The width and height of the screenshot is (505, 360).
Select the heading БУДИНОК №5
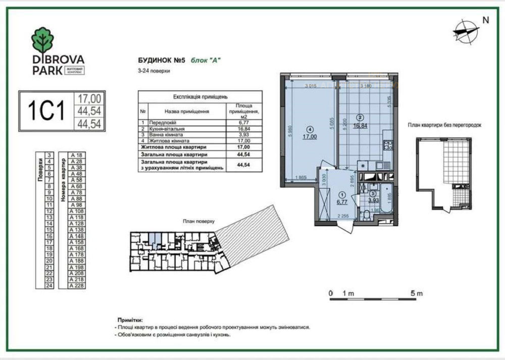pos(160,61)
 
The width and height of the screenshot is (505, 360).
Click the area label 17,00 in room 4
pos(310,136)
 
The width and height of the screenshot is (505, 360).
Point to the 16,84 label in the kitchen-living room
pos(361,127)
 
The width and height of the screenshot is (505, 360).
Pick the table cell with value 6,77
pos(243,122)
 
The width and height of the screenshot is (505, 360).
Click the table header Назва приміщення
pos(186,111)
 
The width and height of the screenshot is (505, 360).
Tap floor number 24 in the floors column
pos(49,286)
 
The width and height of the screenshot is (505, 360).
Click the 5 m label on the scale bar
pos(416,293)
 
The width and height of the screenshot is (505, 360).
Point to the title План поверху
pos(198,221)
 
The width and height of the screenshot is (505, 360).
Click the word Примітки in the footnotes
pos(130,320)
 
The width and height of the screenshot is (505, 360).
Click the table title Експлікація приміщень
pos(200,95)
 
